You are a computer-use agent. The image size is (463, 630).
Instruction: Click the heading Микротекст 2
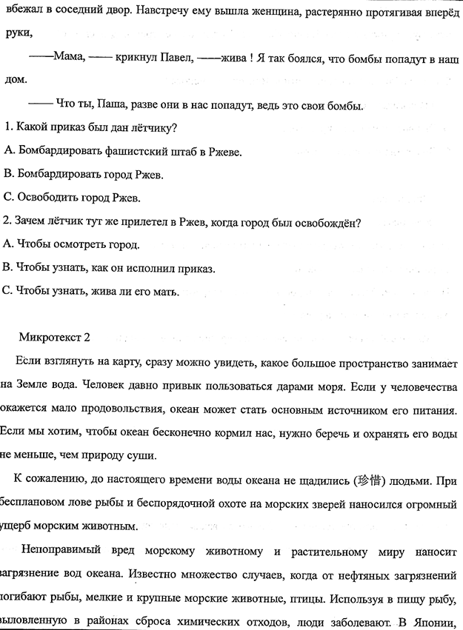[x=55, y=337]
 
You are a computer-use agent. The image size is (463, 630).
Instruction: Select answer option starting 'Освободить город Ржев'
[x=71, y=198]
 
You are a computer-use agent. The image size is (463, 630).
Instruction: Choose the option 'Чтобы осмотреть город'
[x=71, y=244]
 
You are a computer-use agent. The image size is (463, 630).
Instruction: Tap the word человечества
[x=424, y=385]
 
